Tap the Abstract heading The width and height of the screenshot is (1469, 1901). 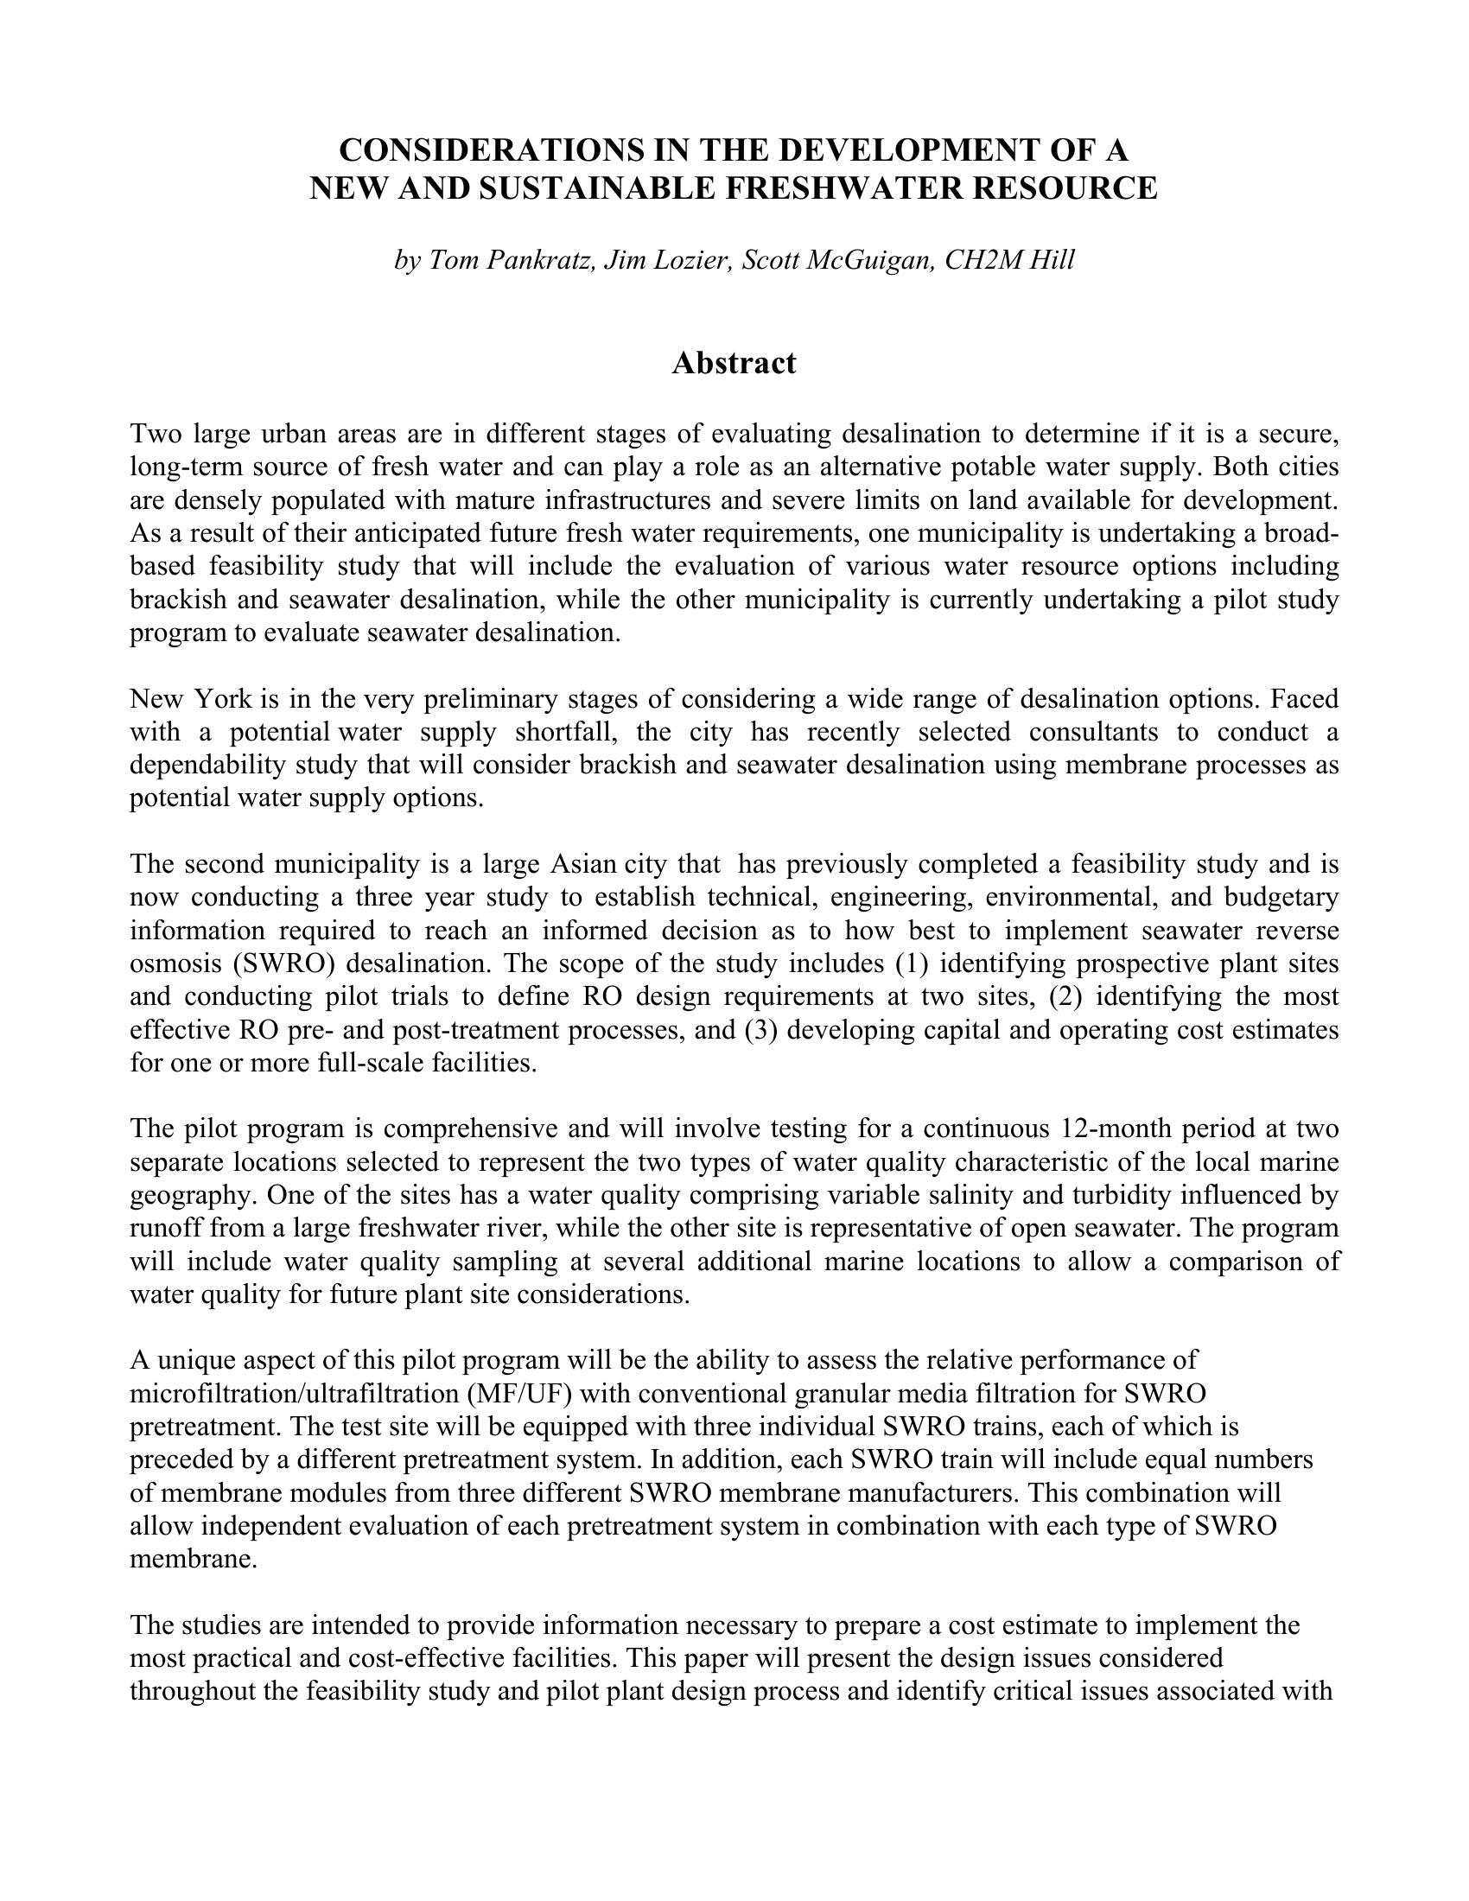pos(734,363)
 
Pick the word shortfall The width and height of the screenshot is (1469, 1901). pos(566,732)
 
